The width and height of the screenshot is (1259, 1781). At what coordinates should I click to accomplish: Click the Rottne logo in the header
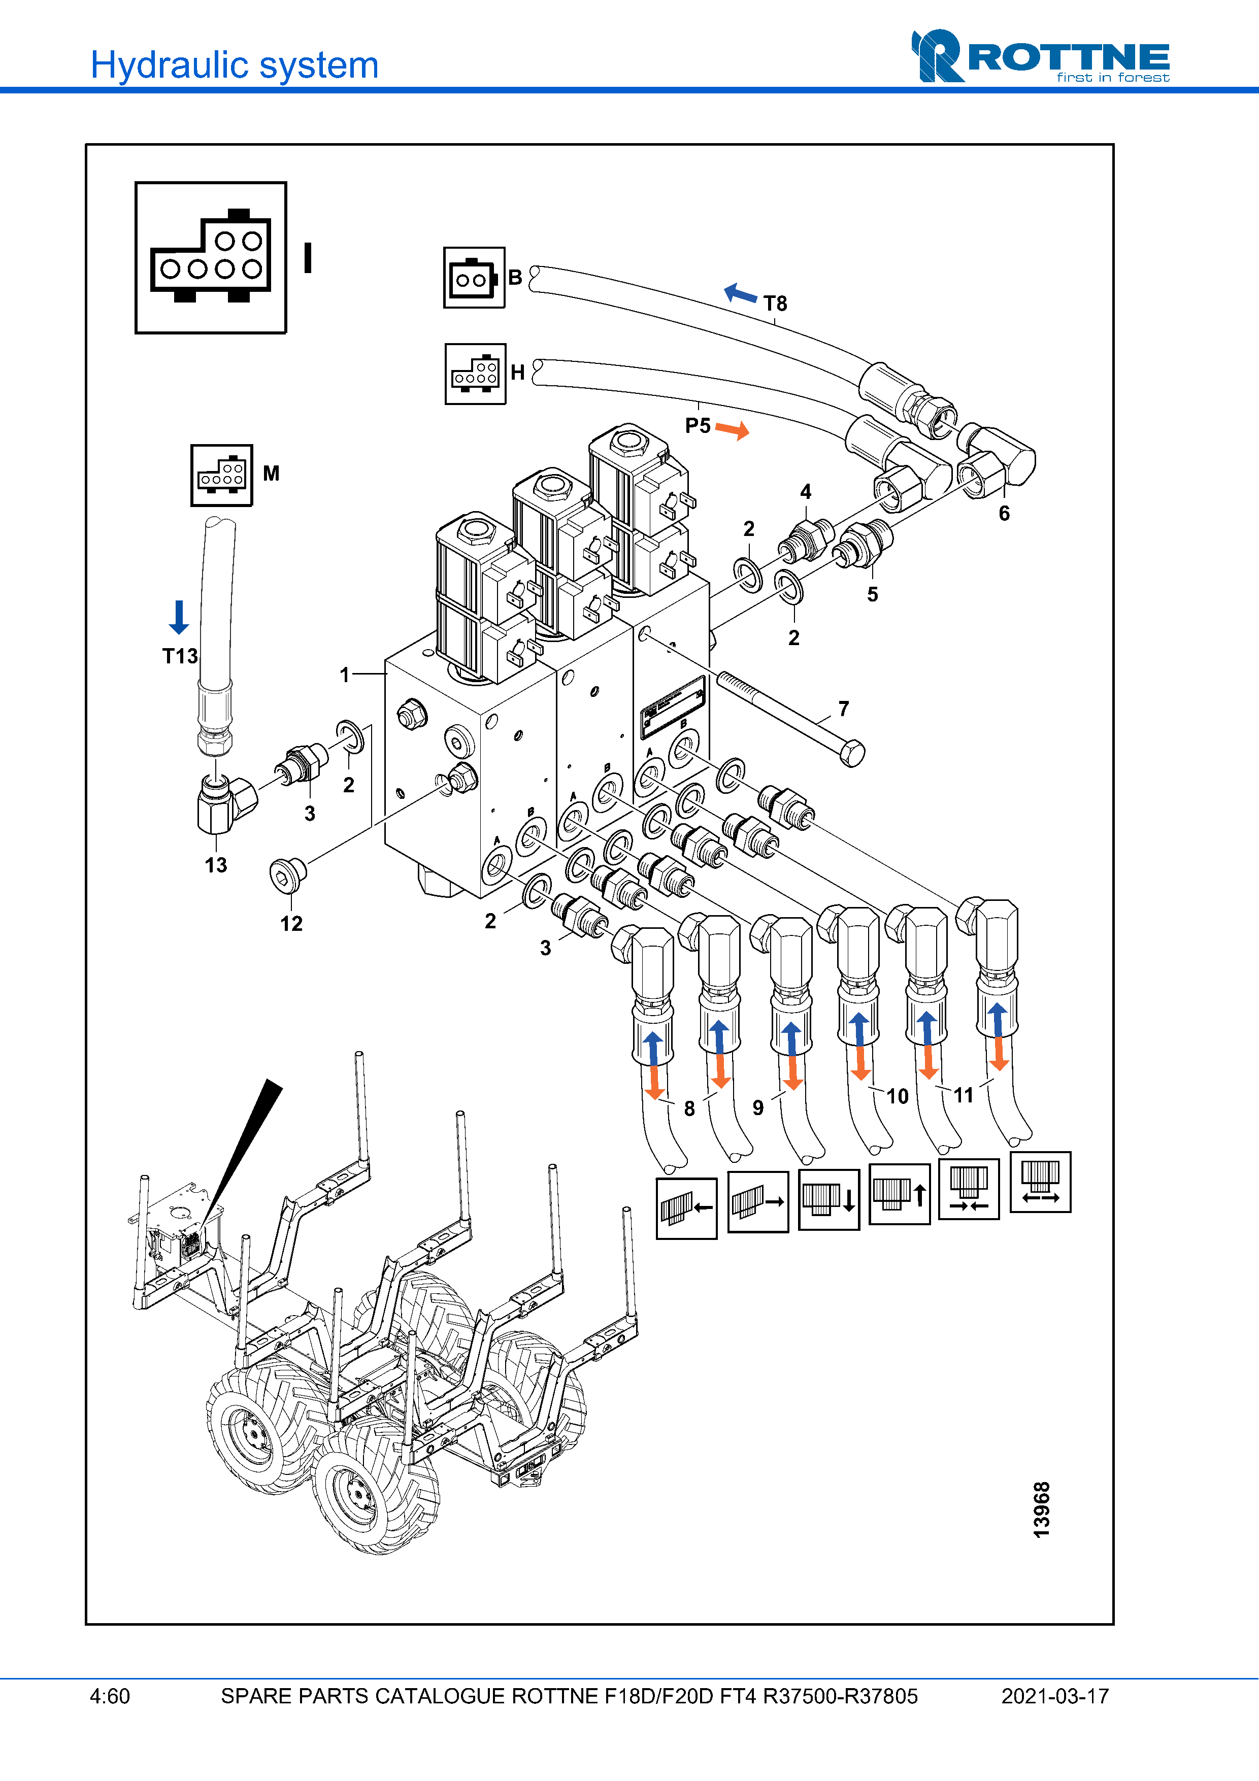1040,56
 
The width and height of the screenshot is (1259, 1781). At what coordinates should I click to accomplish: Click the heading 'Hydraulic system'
234,65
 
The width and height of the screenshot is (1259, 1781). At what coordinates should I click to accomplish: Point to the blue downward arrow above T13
178,617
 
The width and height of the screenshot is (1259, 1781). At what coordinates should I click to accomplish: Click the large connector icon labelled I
210,257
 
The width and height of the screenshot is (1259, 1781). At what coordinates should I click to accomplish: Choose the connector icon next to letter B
474,278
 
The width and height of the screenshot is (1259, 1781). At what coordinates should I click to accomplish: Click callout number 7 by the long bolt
843,708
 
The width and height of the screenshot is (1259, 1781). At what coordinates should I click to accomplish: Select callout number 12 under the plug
291,923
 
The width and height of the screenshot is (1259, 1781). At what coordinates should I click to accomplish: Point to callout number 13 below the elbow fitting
216,865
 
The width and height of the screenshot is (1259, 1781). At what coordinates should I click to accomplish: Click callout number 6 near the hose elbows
1004,513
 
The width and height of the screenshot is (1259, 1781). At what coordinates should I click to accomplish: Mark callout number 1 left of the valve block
344,675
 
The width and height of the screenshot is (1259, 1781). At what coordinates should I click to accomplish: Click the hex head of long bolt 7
852,753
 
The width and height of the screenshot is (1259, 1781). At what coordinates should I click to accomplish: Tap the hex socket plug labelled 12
287,875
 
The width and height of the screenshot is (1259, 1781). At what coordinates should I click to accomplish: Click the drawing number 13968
1041,1509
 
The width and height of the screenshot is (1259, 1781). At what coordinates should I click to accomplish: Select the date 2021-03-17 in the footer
1054,1696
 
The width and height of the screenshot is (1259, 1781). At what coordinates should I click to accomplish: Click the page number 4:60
110,1696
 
